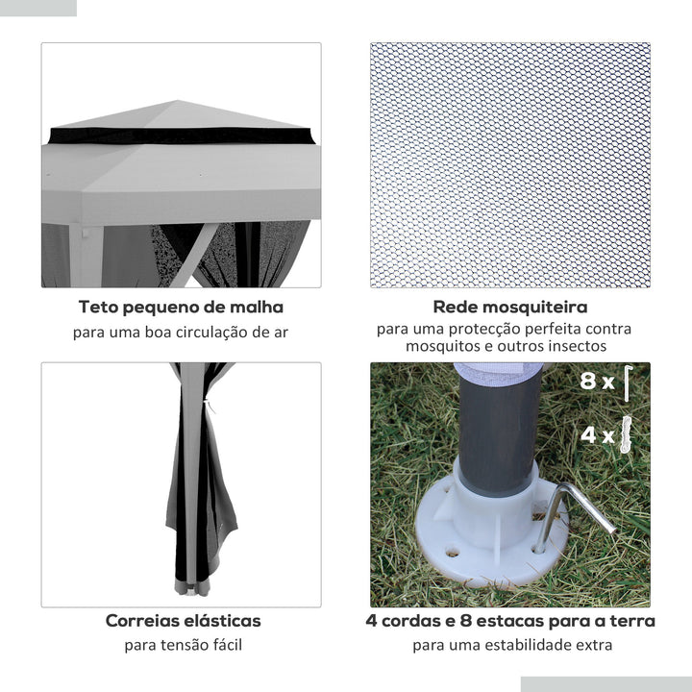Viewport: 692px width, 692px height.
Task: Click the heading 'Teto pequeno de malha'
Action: pos(181,308)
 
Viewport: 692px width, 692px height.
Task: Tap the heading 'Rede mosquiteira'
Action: pos(510,308)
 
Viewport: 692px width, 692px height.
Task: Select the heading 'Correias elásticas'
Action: pos(183,621)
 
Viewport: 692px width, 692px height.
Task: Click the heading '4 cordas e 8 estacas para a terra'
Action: pos(510,621)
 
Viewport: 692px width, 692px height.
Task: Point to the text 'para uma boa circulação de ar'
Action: pos(181,333)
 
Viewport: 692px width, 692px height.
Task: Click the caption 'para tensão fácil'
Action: pos(183,644)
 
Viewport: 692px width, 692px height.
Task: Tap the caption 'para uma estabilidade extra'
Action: pos(511,645)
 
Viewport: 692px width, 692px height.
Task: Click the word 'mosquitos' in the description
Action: pos(440,346)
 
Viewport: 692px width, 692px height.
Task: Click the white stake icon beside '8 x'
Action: pos(628,383)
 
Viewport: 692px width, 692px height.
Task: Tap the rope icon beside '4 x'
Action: pos(629,434)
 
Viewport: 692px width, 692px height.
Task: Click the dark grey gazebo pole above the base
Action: pos(496,423)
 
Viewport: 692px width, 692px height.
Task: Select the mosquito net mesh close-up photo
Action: pos(510,164)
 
